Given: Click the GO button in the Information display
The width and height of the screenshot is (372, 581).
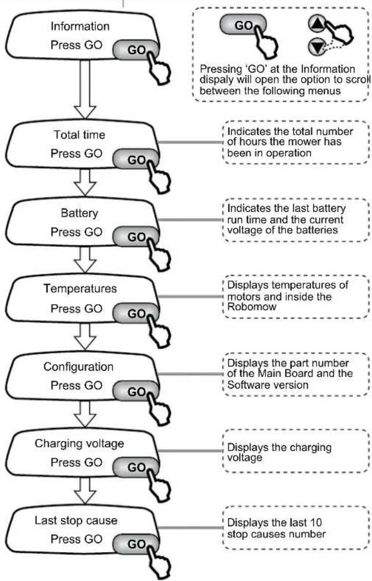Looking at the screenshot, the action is [136, 50].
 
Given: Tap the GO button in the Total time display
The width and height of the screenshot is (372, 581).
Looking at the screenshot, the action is [136, 160].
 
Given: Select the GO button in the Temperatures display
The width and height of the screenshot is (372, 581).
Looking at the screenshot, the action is [136, 313].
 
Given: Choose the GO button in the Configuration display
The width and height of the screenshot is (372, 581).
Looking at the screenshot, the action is [136, 391].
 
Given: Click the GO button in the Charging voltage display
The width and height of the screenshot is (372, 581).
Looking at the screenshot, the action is [136, 467].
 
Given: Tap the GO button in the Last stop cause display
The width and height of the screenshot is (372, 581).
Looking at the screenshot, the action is [136, 544].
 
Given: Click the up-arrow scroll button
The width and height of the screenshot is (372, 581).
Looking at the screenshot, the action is [316, 24].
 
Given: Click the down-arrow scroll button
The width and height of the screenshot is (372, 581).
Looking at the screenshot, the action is [316, 47].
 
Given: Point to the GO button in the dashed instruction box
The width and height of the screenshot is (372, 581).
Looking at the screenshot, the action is [243, 25].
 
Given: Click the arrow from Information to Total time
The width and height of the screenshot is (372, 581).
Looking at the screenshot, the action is [85, 89].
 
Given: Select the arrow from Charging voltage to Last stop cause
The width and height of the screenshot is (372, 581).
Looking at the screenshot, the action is [85, 490].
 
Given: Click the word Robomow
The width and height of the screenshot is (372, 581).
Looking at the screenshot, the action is [252, 307].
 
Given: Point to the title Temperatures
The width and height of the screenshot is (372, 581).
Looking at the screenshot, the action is [80, 289].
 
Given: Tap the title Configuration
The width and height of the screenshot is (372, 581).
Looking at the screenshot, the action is [79, 367].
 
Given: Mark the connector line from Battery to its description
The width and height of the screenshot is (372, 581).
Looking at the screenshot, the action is [190, 220].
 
